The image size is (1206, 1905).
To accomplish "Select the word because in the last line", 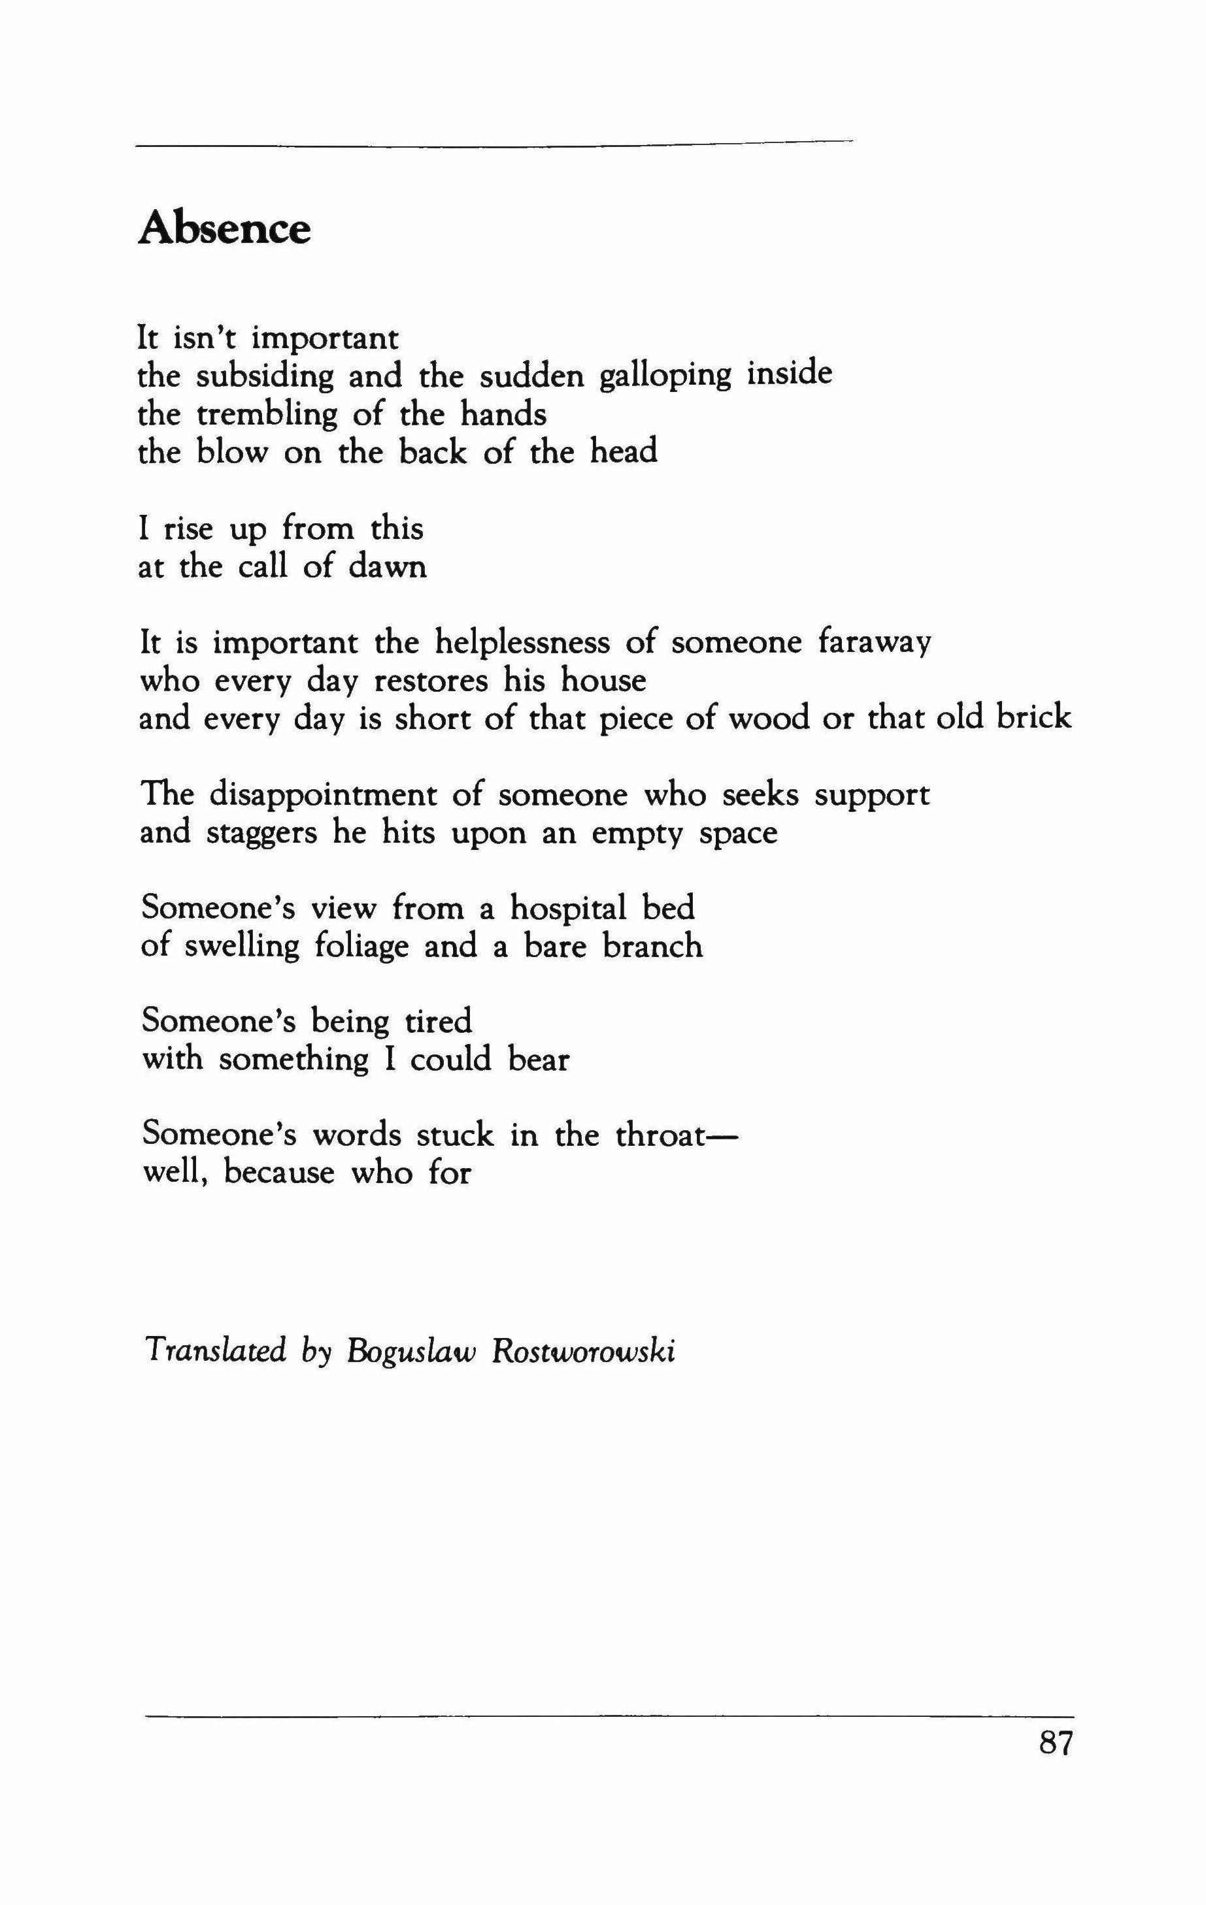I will coord(278,1173).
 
